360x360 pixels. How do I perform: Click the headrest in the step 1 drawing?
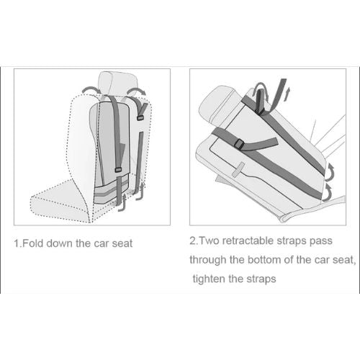[x=117, y=83]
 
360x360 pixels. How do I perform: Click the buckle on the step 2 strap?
[x=239, y=145]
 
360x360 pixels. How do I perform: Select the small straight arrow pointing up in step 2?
[x=289, y=94]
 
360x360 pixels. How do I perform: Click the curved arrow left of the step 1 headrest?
[x=92, y=90]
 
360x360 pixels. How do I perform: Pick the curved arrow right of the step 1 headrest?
[x=136, y=91]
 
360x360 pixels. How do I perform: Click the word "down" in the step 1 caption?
[x=60, y=243]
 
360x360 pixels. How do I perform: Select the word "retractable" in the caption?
[x=248, y=240]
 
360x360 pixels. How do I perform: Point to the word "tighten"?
[x=209, y=279]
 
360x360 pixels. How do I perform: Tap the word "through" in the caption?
[x=208, y=260]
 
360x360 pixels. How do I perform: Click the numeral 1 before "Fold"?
[x=17, y=243]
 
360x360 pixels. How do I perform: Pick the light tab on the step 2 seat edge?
[x=238, y=170]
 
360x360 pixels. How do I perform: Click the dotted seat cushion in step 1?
[x=60, y=202]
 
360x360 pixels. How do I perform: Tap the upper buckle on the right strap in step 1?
[x=140, y=118]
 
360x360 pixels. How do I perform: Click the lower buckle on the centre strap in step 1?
[x=118, y=170]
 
